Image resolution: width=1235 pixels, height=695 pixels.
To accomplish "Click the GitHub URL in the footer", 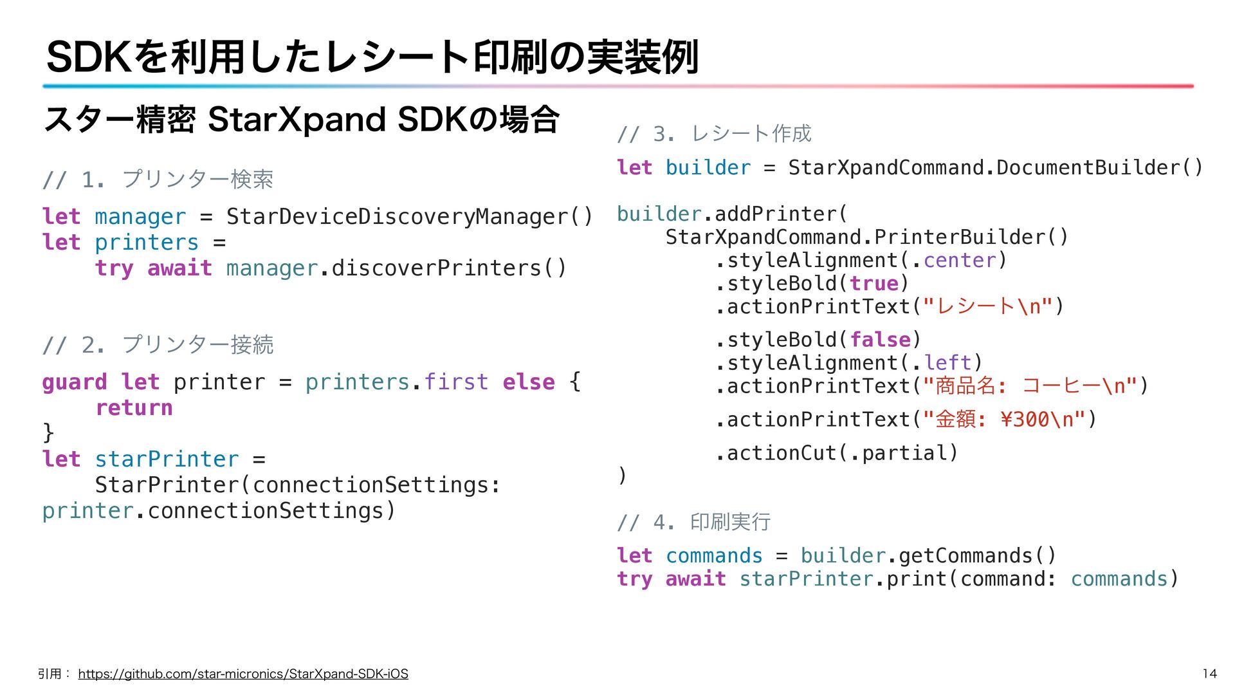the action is (243, 674).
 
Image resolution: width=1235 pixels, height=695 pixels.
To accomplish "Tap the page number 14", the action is (1209, 674).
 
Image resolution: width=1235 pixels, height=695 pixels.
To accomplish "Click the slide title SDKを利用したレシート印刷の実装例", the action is (372, 57).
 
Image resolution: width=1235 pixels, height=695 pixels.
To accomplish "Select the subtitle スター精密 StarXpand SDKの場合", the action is (302, 120).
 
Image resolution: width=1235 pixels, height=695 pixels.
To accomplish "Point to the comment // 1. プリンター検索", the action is (158, 179).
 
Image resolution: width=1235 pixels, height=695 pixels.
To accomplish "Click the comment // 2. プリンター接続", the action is (158, 345).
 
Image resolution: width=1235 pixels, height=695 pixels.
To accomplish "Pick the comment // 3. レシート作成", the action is (714, 134).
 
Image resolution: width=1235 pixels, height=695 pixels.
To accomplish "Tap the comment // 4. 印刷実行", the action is (693, 521).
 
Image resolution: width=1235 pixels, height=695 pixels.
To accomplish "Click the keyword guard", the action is (74, 382).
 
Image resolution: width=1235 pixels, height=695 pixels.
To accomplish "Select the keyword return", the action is (134, 408).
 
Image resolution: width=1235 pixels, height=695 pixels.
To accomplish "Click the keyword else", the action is (528, 382).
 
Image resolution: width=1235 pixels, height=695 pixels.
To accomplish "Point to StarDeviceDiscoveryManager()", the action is (409, 217).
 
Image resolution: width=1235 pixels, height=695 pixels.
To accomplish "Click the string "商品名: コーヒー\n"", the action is (1030, 386).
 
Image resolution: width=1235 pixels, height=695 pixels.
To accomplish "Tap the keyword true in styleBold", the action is (874, 284).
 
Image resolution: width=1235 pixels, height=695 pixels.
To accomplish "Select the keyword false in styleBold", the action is (880, 340).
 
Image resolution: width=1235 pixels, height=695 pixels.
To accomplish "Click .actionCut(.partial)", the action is (836, 453).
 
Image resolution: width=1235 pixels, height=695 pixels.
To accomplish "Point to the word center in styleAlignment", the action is (960, 261).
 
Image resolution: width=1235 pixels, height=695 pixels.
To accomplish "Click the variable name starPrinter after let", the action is (167, 459).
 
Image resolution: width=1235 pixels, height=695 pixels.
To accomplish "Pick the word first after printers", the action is (456, 382).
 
